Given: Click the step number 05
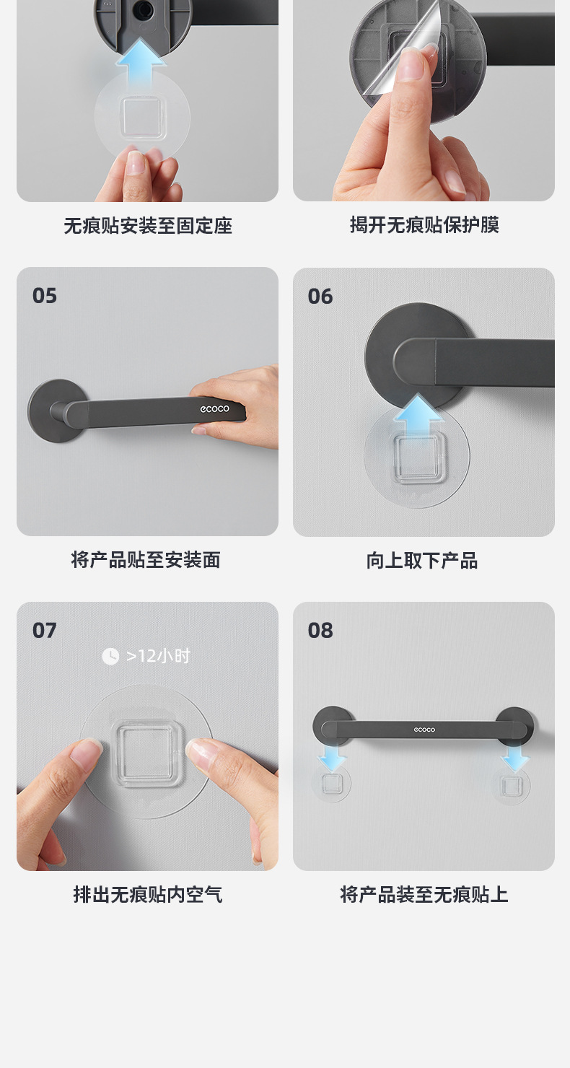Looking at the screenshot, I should click(x=44, y=296).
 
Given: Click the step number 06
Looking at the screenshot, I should click(x=320, y=296).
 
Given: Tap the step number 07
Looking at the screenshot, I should click(x=44, y=631).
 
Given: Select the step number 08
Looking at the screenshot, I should click(x=320, y=631).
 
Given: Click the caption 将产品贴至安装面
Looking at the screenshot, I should click(x=146, y=560).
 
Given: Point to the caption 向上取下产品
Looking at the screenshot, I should click(x=422, y=561).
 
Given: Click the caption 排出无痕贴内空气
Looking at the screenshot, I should click(x=148, y=895).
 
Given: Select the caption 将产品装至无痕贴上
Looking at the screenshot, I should click(x=424, y=895).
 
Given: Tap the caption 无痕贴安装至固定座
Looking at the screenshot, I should click(x=148, y=226).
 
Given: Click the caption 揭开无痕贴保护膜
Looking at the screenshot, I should click(x=424, y=225).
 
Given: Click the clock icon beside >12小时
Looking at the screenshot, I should click(x=110, y=656).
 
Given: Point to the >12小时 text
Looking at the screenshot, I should click(x=159, y=656).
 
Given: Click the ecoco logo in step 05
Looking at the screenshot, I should click(x=214, y=408).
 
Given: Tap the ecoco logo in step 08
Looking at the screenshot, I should click(x=424, y=730).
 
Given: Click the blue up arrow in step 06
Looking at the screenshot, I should click(x=418, y=412).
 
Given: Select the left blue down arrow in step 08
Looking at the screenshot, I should click(x=332, y=756).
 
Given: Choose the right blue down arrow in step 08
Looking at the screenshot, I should click(x=515, y=756).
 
